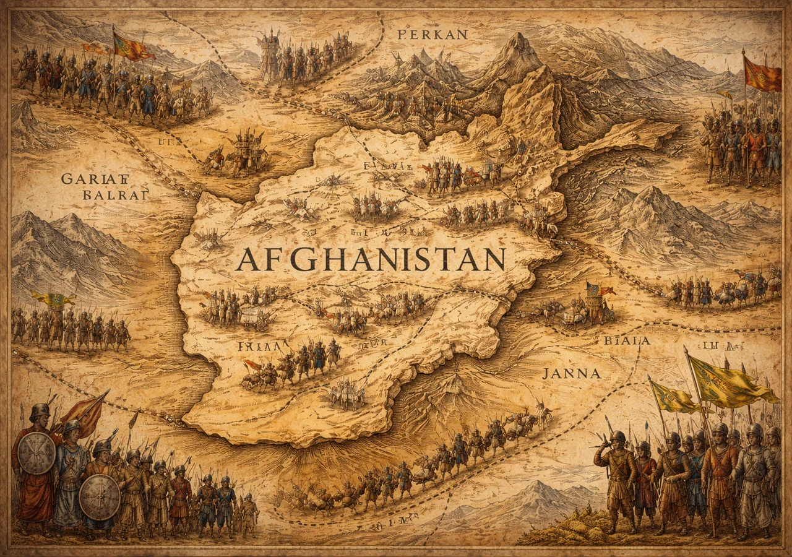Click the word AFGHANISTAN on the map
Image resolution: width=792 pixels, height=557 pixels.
click(370, 260)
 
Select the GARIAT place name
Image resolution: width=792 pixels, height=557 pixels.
click(94, 179)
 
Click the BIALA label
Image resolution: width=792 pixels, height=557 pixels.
click(627, 340)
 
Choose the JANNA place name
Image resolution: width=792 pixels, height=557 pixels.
click(570, 373)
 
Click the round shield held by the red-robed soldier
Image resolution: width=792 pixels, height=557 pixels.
click(37, 452)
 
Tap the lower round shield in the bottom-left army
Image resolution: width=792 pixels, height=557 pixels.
click(100, 496)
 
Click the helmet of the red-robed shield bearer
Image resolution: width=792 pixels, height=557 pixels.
click(40, 412)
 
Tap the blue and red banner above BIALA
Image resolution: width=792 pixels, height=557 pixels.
click(597, 289)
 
